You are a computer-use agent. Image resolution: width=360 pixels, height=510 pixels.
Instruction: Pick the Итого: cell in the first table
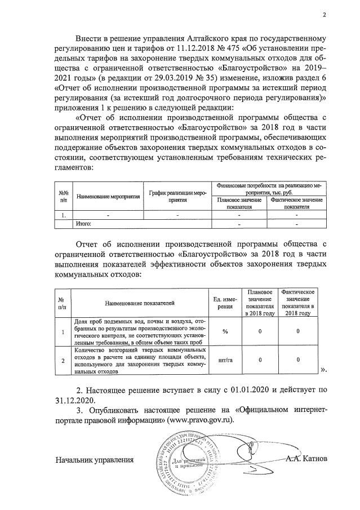coord(83,224)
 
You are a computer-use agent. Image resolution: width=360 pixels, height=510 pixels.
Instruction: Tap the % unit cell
coord(225,331)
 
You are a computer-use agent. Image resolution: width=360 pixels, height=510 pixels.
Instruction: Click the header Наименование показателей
coord(136,303)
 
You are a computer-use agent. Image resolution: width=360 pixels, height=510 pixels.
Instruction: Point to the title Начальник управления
coord(94,460)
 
